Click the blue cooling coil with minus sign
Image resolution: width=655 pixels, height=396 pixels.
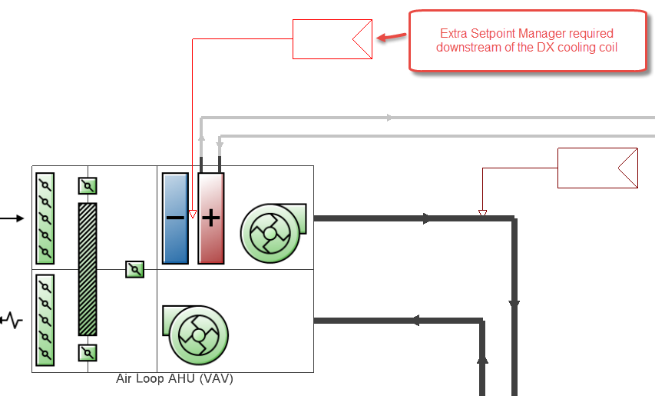[x=176, y=218]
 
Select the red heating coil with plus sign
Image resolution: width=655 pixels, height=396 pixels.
[x=211, y=218]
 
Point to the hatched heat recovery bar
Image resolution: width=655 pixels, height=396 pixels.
[x=88, y=269]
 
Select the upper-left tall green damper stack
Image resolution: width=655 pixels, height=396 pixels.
[x=45, y=218]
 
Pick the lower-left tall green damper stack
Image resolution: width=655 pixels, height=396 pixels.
[x=45, y=319]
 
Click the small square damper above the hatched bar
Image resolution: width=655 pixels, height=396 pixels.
[x=88, y=186]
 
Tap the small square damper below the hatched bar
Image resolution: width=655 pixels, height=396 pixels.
[x=88, y=353]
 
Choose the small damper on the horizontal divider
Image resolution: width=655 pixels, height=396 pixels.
[x=135, y=269]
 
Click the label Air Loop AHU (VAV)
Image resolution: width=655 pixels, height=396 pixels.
[x=174, y=379]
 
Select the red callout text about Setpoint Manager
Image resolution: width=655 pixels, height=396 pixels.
[x=526, y=41]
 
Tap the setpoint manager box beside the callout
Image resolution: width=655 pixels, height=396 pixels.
[x=332, y=39]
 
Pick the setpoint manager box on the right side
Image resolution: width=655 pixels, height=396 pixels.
[x=597, y=168]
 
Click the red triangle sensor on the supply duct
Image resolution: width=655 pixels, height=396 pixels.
[x=482, y=214]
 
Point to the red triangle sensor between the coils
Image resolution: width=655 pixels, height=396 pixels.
[x=193, y=215]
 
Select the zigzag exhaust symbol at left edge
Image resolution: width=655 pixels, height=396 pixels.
[x=12, y=319]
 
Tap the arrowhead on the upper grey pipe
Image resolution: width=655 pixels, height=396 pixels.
[x=390, y=118]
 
